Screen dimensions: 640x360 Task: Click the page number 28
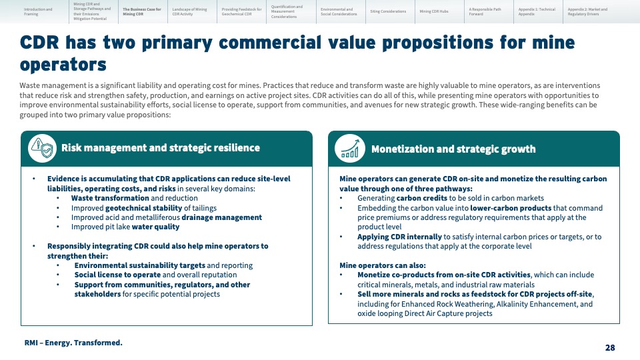pyautogui.click(x=610, y=348)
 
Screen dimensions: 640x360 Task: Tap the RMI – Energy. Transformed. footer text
pyautogui.click(x=73, y=343)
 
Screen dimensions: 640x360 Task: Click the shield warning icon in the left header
pyautogui.click(x=43, y=148)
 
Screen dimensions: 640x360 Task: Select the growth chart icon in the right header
pyautogui.click(x=350, y=149)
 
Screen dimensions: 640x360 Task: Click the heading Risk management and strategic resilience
pyautogui.click(x=161, y=148)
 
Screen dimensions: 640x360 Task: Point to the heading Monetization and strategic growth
pyautogui.click(x=453, y=149)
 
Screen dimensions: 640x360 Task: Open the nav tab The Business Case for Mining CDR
pyautogui.click(x=142, y=11)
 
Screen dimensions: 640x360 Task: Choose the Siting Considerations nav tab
pyautogui.click(x=388, y=11)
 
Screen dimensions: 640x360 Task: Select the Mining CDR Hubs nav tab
pyautogui.click(x=434, y=11)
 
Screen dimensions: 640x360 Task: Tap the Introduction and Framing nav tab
pyautogui.click(x=38, y=11)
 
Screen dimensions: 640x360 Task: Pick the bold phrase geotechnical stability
pyautogui.click(x=144, y=208)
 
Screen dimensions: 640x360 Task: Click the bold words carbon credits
pyautogui.click(x=421, y=199)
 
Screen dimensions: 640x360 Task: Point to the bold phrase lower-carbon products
pyautogui.click(x=511, y=208)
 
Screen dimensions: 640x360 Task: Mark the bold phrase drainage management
pyautogui.click(x=221, y=217)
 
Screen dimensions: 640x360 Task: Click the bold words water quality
pyautogui.click(x=155, y=227)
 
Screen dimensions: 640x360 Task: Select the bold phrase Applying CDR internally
pyautogui.click(x=399, y=237)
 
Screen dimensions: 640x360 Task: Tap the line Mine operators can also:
pyautogui.click(x=383, y=265)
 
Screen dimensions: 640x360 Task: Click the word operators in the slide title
pyautogui.click(x=63, y=65)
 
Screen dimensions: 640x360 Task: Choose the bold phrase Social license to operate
pyautogui.click(x=117, y=275)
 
